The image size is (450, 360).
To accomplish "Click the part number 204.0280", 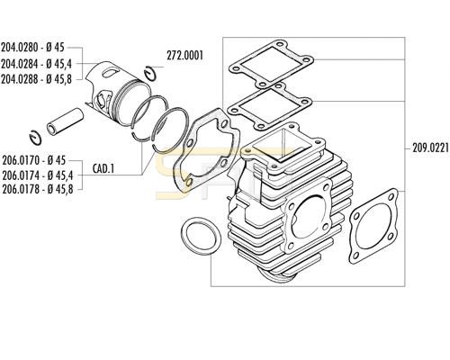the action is tap(20, 48).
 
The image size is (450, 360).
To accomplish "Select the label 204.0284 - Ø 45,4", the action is tap(37, 64).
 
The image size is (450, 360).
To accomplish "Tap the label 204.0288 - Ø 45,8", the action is tap(37, 79).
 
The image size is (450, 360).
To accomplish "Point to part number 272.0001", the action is tap(184, 56).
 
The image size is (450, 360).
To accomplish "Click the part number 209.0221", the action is tap(431, 148).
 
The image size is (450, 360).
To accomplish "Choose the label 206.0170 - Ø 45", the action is tap(33, 160).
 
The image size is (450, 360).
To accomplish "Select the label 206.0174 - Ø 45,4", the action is tap(38, 175).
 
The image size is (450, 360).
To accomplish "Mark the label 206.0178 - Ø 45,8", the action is tap(38, 189).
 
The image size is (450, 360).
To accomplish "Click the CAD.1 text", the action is tap(103, 169).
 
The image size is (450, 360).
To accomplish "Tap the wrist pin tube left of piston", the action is tap(65, 121).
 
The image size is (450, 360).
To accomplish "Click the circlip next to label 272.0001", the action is tap(150, 73).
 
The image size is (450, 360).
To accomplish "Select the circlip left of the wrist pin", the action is tap(35, 139).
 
